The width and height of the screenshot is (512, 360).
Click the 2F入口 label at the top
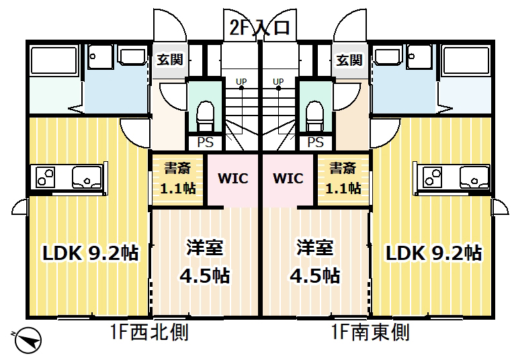point(259,28)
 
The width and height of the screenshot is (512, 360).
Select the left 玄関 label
point(170,60)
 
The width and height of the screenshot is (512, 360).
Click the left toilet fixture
point(204,117)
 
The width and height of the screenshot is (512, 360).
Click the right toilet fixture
point(314,117)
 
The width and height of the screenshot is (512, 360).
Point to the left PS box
point(204,142)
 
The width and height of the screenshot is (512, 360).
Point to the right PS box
point(314,142)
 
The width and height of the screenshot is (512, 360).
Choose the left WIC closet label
point(232,179)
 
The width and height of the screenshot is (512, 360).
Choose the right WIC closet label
point(288,179)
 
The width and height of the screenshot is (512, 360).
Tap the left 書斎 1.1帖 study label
point(177,178)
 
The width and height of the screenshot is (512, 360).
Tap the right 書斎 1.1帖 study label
point(342,178)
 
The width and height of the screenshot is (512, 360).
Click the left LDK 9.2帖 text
point(91,253)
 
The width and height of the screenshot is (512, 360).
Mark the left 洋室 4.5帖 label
point(204,261)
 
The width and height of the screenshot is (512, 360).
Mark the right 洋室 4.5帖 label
point(314,261)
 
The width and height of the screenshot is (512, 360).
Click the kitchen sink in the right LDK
point(474,177)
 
